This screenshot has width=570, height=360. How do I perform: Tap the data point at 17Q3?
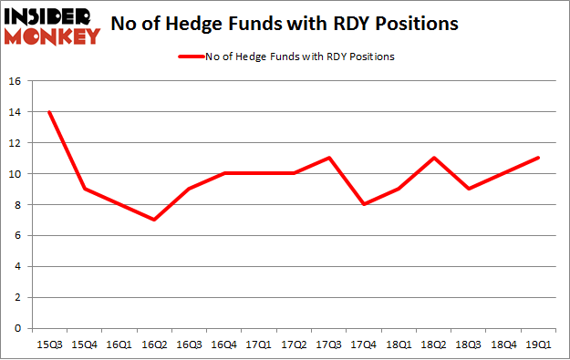point(328,158)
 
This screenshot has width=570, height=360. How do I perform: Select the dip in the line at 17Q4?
point(364,204)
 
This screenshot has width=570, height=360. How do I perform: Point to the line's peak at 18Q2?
point(433,158)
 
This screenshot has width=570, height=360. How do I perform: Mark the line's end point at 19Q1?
point(539,158)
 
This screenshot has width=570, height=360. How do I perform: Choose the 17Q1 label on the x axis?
point(258,345)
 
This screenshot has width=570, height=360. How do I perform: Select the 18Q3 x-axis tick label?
point(469,345)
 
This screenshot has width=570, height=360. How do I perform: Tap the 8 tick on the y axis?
point(19,204)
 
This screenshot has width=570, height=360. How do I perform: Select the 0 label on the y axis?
point(19,328)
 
